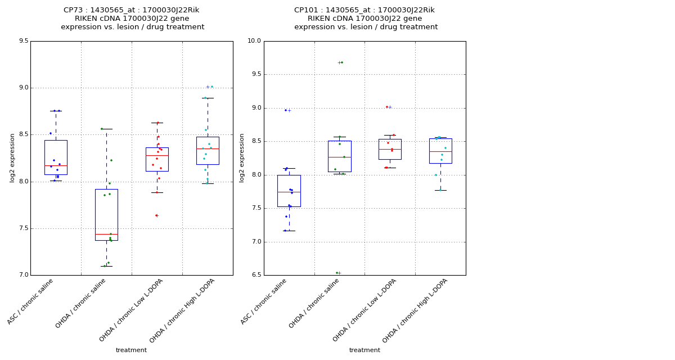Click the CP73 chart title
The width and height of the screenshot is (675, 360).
132,19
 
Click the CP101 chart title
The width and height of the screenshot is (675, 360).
365,19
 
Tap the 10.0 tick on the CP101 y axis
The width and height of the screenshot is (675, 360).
254,41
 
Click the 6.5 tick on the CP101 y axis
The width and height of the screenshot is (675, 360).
255,275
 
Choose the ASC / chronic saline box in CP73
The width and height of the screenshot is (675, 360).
56,157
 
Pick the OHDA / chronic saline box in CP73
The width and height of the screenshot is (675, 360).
106,215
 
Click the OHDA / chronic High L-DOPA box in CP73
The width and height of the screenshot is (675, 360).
208,151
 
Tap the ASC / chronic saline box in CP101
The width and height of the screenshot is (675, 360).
289,191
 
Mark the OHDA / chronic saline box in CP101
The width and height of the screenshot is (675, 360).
339,156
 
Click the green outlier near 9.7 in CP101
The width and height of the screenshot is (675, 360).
341,62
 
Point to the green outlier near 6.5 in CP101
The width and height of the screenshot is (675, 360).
337,273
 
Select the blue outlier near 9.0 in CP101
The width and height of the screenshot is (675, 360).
286,110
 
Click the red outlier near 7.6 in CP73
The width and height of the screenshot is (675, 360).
156,215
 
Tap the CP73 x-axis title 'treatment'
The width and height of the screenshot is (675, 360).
131,350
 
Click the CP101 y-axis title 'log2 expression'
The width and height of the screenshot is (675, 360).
242,157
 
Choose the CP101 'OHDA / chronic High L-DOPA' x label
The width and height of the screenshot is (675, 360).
415,310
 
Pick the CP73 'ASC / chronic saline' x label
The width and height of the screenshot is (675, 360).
31,301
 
